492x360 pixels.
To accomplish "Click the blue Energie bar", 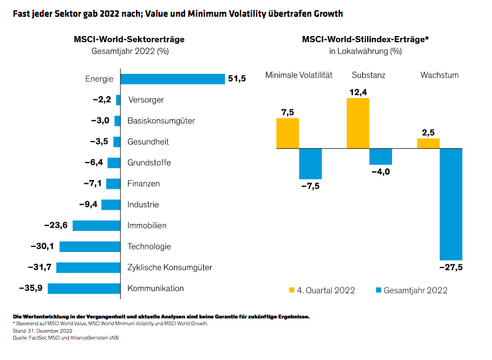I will [172, 79].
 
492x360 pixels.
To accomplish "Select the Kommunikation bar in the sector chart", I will [84, 289].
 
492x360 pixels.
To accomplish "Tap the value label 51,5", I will [237, 79].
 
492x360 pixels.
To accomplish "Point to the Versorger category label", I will [145, 100].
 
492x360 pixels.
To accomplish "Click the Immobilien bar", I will [96, 226].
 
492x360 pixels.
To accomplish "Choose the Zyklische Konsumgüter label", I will [170, 268].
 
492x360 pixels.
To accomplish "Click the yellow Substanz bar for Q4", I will [358, 123].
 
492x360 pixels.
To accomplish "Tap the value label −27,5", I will [451, 268].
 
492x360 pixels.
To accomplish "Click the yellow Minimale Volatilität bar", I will [288, 133].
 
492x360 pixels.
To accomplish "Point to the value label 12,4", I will [358, 92].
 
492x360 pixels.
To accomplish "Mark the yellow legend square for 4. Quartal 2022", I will [291, 290].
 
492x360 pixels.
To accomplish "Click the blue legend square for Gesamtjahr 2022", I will [377, 290].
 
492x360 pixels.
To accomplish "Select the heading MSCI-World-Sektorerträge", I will [129, 39].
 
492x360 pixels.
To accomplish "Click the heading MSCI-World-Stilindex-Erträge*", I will [365, 39].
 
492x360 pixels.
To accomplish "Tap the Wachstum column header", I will [439, 75].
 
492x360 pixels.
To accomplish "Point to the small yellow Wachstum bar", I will [428, 143].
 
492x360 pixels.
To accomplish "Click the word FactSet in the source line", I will [35, 338].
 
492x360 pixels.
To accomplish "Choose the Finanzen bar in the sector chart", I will [113, 184].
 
